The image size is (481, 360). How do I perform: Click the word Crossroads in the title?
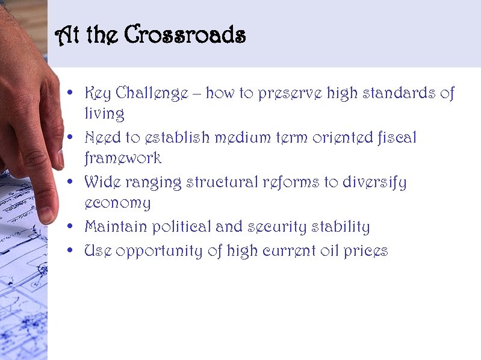[x=185, y=36]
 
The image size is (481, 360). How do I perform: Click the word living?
[x=104, y=114]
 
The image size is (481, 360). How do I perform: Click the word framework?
[x=123, y=158]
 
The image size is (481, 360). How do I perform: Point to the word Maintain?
[x=116, y=227]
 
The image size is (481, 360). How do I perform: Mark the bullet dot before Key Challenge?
[x=71, y=94]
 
